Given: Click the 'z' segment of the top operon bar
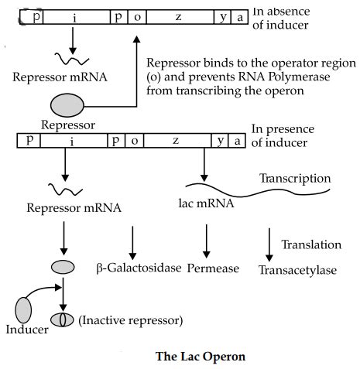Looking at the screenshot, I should [x=177, y=16].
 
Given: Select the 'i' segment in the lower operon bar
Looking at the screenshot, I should [x=70, y=140].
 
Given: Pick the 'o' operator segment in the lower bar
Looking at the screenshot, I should [x=133, y=140].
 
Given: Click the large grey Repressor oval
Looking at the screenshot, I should [x=70, y=105].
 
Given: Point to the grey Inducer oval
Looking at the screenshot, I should [x=24, y=309].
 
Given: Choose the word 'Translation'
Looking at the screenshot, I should [x=310, y=244].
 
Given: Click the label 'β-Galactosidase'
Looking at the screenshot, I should [x=139, y=268].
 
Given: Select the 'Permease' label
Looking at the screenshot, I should [x=214, y=269].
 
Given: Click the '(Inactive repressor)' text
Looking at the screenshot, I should [x=130, y=319].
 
